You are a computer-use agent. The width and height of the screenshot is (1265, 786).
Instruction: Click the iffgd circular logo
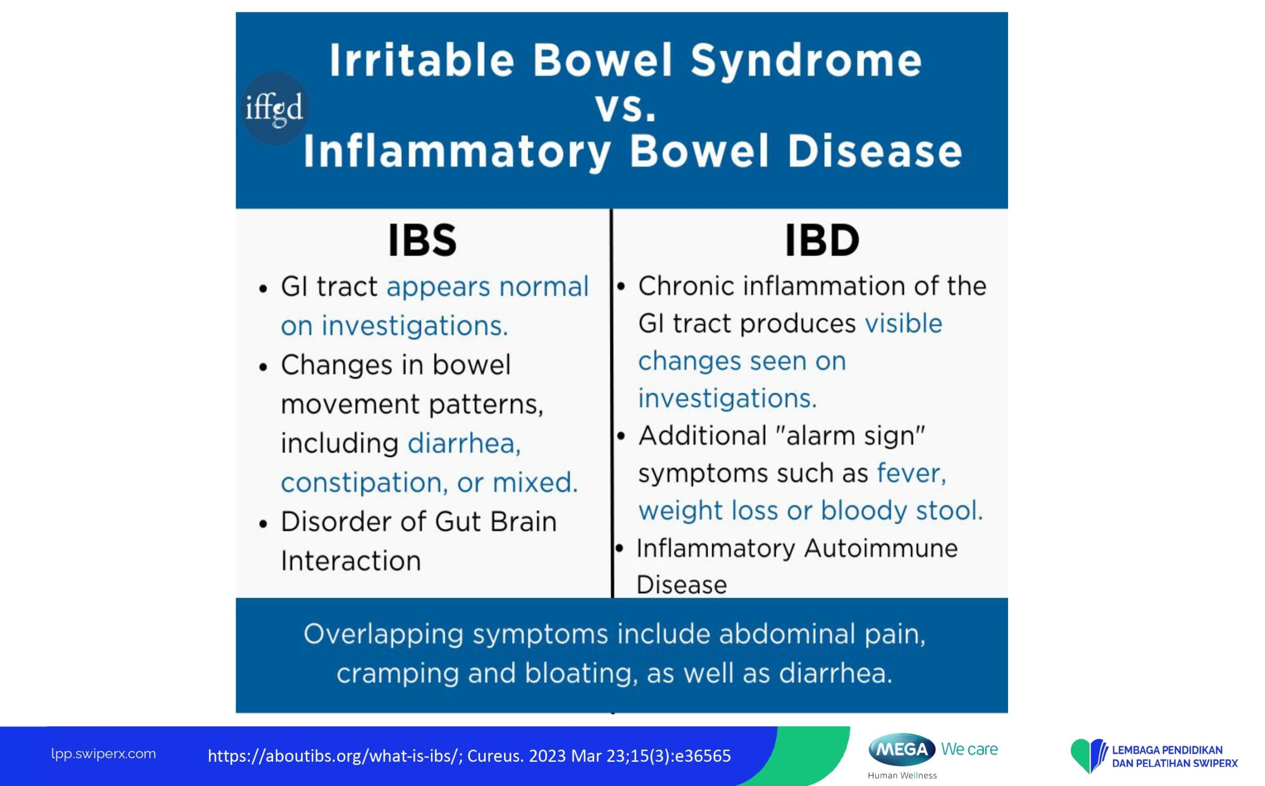tap(275, 108)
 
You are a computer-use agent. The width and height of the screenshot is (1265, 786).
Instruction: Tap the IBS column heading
tap(422, 241)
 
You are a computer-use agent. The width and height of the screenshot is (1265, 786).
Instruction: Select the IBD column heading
tap(822, 240)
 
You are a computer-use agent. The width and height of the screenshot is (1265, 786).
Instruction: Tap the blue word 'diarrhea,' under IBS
tap(464, 444)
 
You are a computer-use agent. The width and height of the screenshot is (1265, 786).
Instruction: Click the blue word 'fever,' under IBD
tap(912, 473)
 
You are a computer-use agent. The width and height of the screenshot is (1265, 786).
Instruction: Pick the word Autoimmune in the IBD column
tap(881, 548)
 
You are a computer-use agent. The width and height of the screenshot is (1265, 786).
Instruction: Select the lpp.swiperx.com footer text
tap(103, 754)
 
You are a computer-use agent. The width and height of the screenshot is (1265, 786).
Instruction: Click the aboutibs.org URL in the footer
tap(336, 756)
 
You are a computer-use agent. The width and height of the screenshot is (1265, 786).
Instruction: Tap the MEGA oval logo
tap(902, 749)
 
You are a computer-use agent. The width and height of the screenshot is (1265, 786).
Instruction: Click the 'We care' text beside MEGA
tap(969, 749)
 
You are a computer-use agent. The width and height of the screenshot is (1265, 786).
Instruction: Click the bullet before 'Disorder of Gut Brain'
tap(263, 524)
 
